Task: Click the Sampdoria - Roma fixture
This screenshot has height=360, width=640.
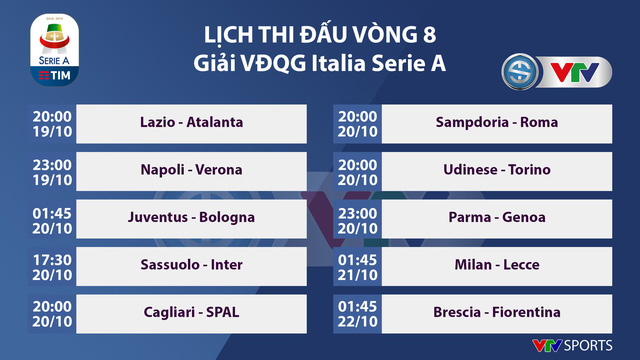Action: coord(497,123)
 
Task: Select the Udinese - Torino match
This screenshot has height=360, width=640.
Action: coord(497,169)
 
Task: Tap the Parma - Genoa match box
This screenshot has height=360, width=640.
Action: coord(497,216)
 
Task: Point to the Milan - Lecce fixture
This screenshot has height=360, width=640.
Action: coord(497,264)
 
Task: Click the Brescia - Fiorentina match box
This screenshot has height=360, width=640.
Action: coord(497,311)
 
